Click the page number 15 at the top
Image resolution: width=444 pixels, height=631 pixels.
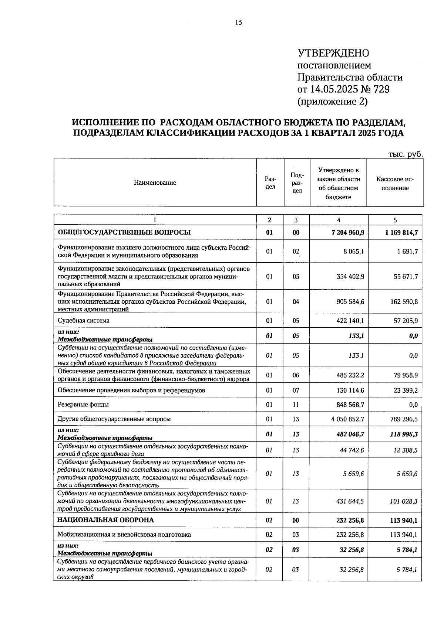(238, 23)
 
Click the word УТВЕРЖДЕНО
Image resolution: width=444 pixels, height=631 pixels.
(333, 53)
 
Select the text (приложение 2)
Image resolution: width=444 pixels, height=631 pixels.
(332, 101)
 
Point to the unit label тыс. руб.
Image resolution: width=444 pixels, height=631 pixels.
(405, 154)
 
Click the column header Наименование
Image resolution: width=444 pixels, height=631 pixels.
(155, 183)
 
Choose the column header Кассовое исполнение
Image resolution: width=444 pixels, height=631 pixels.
(395, 184)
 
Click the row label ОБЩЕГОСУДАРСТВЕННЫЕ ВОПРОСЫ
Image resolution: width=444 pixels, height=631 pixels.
(124, 232)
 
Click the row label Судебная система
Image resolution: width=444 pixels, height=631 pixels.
(83, 321)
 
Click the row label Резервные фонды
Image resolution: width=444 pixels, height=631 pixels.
(83, 405)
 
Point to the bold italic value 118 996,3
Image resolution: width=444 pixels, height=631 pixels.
(404, 434)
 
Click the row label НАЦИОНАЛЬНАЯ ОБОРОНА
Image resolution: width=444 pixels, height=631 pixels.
(105, 520)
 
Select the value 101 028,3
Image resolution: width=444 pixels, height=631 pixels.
(404, 501)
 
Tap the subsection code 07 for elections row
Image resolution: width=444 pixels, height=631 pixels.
(296, 390)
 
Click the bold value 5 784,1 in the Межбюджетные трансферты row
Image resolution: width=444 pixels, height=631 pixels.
(407, 550)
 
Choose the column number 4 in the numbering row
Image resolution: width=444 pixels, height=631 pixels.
(339, 220)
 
